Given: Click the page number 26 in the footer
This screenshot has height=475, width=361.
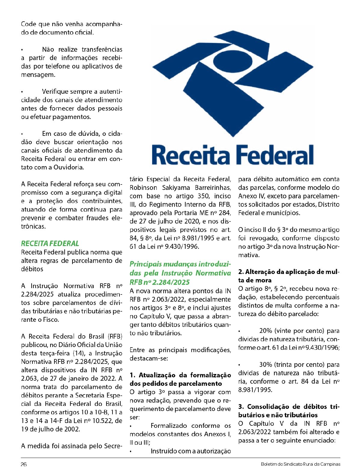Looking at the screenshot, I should pos(24,464).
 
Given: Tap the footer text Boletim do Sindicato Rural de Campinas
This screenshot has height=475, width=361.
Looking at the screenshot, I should pos(301,464).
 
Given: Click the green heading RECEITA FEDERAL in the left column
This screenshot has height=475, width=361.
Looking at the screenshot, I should pos(50,243).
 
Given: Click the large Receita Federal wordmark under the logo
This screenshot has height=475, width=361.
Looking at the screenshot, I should pos(233,155).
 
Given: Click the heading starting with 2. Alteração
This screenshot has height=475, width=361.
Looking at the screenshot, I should pos(288,276).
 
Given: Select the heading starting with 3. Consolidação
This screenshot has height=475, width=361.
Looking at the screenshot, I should pos(288,411).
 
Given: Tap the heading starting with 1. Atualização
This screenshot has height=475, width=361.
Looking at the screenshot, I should pos(180,379).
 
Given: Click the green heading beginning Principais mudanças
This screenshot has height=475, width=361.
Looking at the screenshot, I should pos(180,273).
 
